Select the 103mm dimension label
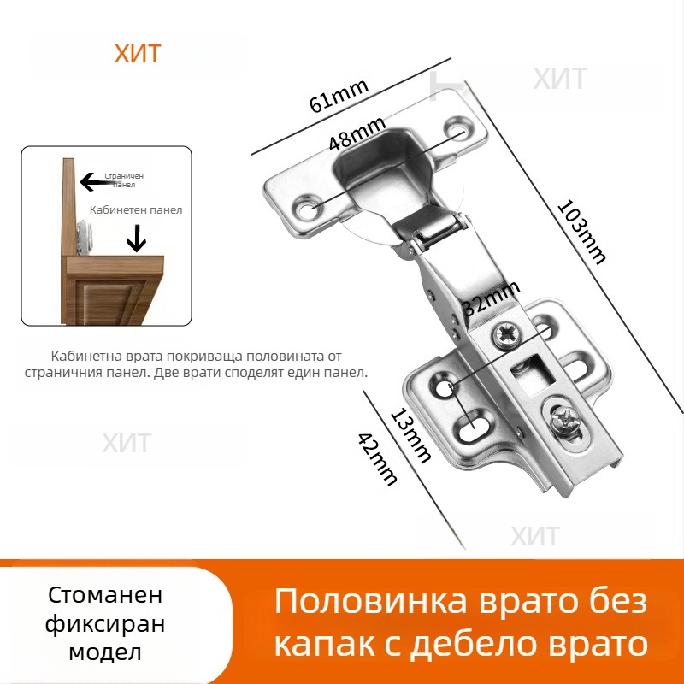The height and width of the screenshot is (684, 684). [x=581, y=231]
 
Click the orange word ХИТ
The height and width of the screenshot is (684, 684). [x=137, y=54]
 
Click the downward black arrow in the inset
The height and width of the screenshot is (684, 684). [x=136, y=239]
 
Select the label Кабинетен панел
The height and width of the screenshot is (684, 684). [x=136, y=209]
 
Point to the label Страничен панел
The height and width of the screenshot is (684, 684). [x=124, y=180]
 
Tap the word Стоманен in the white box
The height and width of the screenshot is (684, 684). [x=105, y=595]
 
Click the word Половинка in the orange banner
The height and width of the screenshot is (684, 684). [x=371, y=601]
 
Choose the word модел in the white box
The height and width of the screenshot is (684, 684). [x=105, y=653]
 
